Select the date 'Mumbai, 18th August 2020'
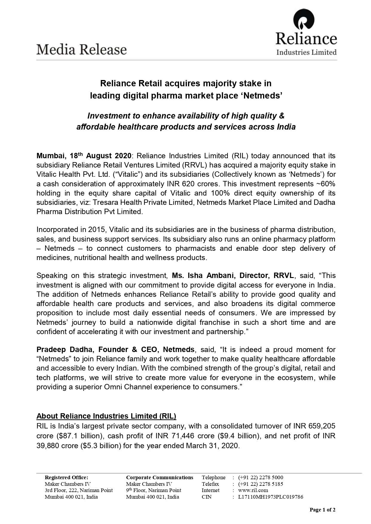84,156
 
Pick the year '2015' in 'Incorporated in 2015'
97,230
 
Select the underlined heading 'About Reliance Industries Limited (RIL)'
106,416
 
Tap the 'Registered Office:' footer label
66,477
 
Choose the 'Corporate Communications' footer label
160,477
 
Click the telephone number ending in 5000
261,477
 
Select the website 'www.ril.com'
253,490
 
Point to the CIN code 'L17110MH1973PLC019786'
271,497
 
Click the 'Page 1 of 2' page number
322,510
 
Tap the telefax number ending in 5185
261,484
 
